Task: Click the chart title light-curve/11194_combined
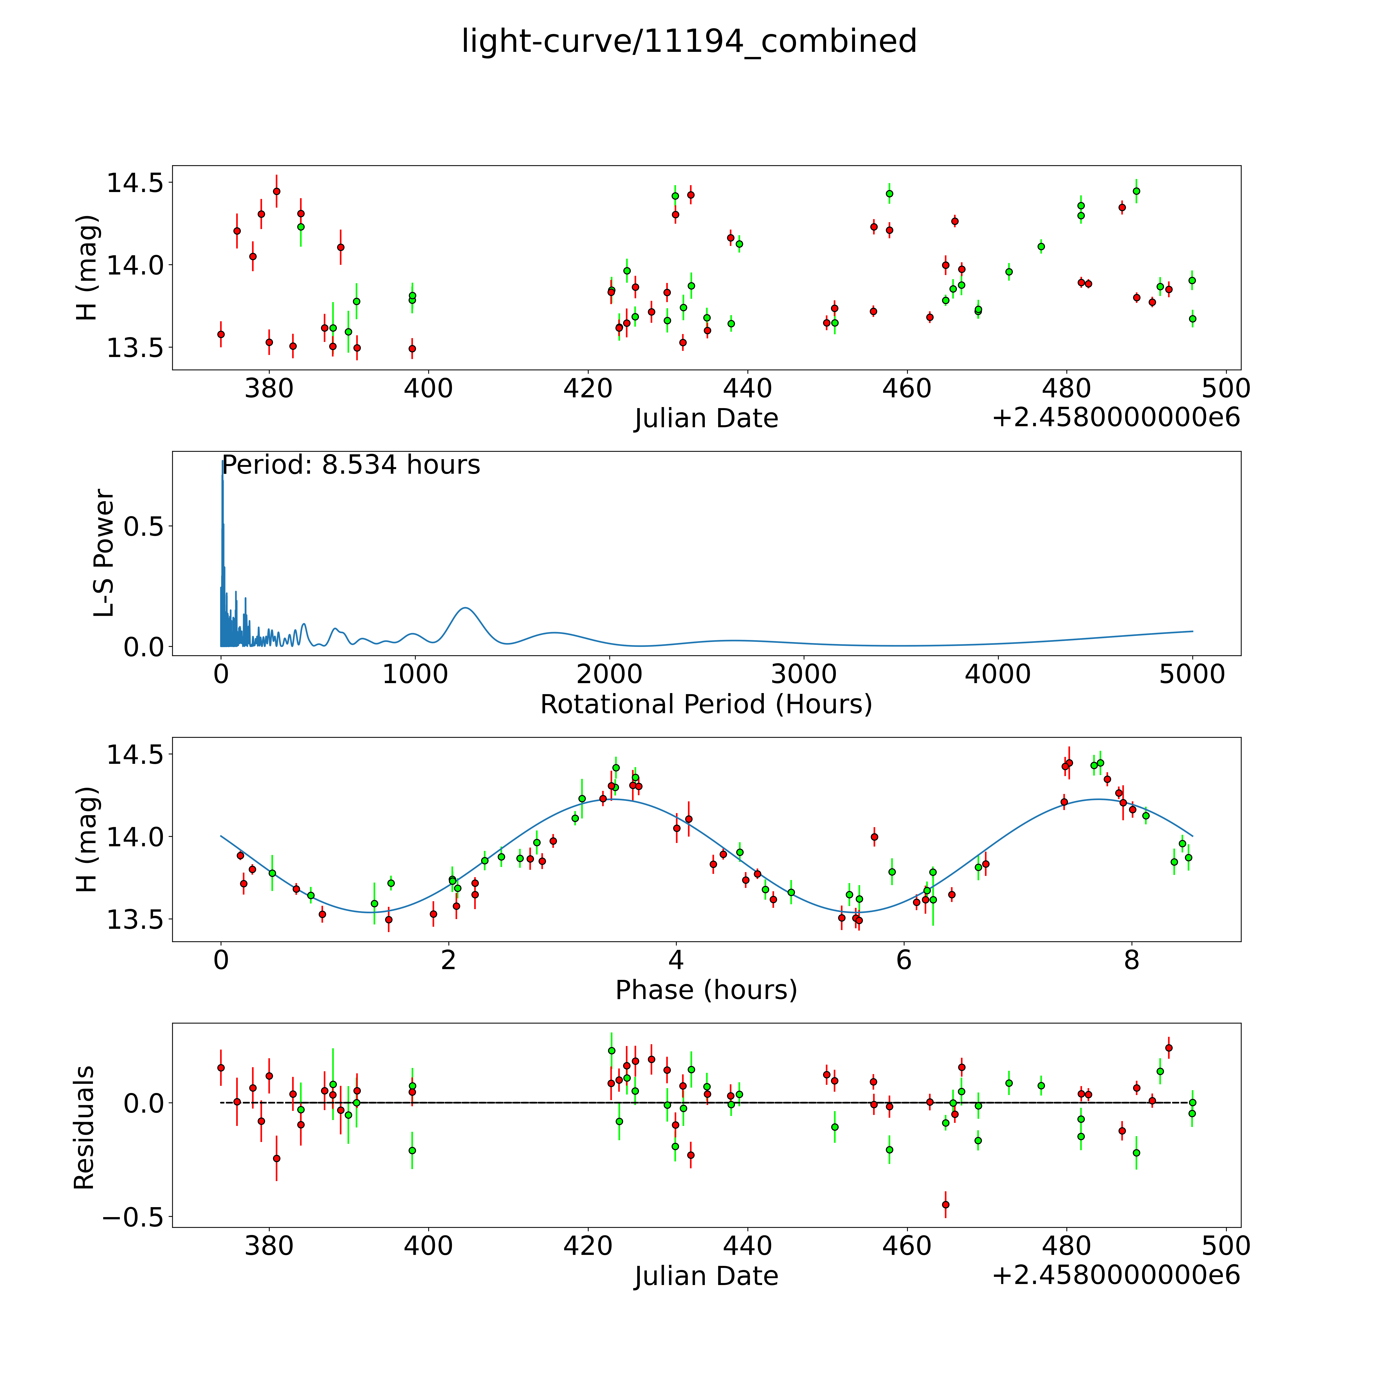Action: pyautogui.click(x=689, y=41)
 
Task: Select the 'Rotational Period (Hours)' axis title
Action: pyautogui.click(x=706, y=705)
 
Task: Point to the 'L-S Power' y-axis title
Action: pyautogui.click(x=104, y=553)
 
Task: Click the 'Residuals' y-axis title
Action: pyautogui.click(x=84, y=1128)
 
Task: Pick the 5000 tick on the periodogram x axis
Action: pyautogui.click(x=1192, y=674)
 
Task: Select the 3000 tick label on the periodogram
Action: pyautogui.click(x=804, y=674)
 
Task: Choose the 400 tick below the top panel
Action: pyautogui.click(x=428, y=389)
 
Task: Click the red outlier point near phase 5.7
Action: pyautogui.click(x=874, y=837)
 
